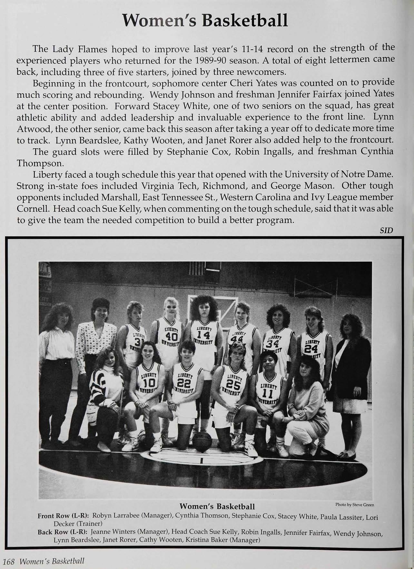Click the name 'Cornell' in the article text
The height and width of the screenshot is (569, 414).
tap(31, 208)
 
